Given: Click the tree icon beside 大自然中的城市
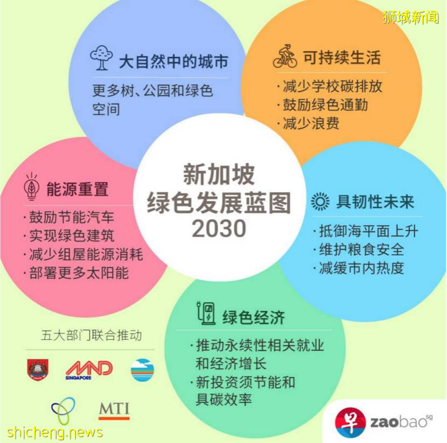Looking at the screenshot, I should point(101,58).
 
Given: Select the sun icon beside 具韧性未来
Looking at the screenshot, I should point(320,202).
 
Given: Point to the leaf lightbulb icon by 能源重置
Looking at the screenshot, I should point(32,187).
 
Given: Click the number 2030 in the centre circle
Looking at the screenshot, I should point(219,229).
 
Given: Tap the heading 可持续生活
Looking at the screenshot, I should point(342,58).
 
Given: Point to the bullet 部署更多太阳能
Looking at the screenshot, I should point(76,273).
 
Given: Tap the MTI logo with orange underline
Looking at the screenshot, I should point(114,411).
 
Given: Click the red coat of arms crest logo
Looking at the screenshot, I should point(38,369).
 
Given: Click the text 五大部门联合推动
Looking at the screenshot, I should point(91,335).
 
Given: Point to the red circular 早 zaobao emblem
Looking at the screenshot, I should point(350,422).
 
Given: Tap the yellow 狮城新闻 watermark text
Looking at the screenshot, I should point(410,17).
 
